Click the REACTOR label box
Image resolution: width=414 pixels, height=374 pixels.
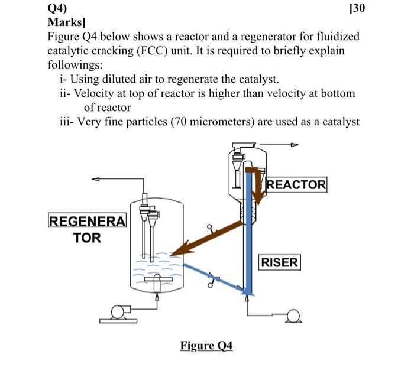click(296, 184)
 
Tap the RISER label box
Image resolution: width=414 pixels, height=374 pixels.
click(280, 262)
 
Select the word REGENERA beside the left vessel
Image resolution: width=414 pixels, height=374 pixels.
click(86, 222)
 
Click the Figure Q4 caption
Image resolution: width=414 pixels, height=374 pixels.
click(206, 345)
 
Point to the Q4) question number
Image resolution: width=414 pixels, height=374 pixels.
click(58, 8)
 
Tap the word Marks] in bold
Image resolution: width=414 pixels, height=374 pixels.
click(67, 22)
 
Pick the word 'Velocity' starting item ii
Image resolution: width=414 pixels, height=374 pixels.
click(91, 93)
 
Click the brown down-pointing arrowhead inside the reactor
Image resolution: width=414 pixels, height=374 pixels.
click(258, 195)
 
